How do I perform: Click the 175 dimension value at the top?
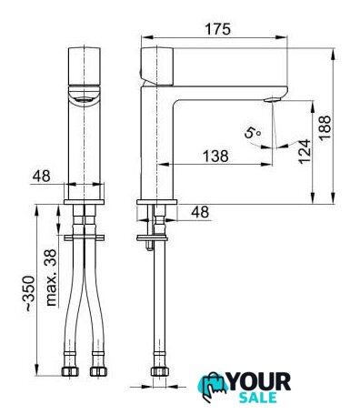218,29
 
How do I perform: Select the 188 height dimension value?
325,127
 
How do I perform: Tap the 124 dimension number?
305,151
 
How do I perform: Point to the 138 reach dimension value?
215,157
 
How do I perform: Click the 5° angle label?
253,133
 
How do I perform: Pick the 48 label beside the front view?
42,176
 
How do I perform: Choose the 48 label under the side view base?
200,212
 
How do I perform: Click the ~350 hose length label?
30,293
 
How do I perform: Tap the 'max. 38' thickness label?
51,278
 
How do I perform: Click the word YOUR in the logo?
259,382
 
